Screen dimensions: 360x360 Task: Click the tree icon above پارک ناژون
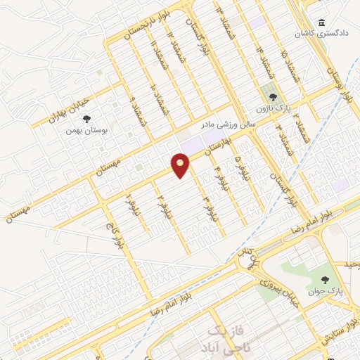271,98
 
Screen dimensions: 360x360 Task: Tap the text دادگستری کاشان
331,34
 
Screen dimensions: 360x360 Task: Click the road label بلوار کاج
115,236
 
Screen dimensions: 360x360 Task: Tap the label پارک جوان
321,290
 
